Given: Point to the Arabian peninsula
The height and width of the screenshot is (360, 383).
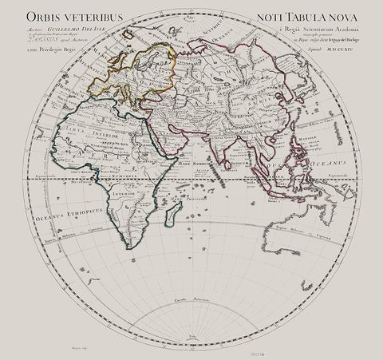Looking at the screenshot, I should coord(180,144).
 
